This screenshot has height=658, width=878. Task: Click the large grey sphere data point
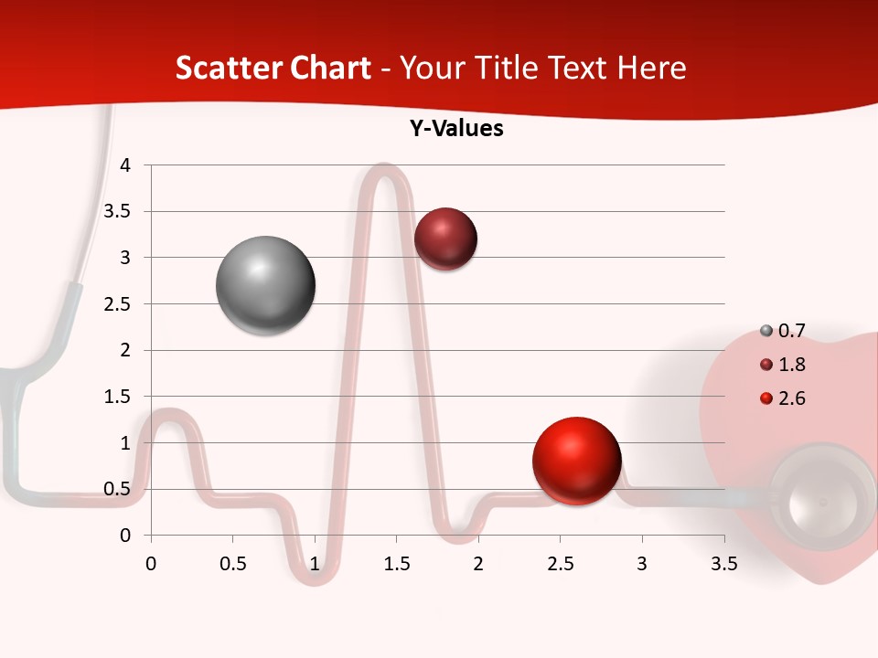266,286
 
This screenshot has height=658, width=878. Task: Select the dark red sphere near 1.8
445,239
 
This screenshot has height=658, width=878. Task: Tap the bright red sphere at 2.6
576,462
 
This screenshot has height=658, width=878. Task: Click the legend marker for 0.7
766,331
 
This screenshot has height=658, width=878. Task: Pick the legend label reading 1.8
791,365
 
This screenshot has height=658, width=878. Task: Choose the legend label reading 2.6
791,398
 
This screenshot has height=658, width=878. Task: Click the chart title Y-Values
456,129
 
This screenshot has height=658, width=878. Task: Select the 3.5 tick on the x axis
723,564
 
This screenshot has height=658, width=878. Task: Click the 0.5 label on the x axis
233,564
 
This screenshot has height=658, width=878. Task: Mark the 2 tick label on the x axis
478,564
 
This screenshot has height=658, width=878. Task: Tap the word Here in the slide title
650,68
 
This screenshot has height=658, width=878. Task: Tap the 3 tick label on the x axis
642,564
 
